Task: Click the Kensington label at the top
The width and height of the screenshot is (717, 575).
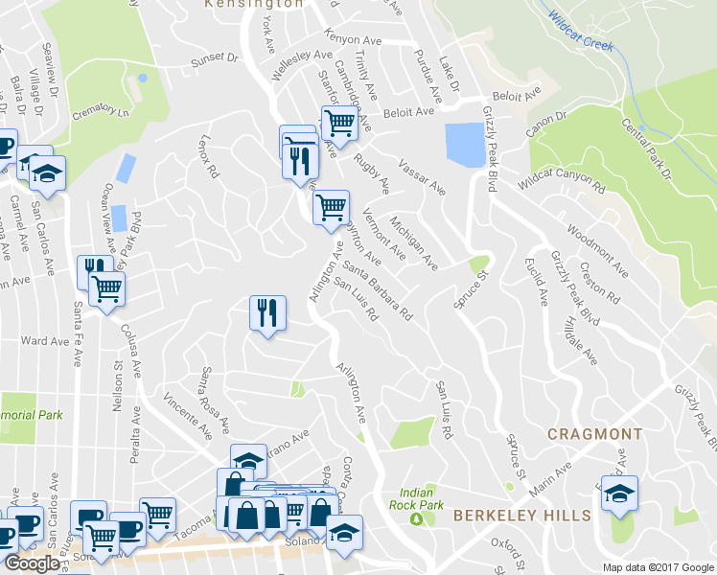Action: pos(254,5)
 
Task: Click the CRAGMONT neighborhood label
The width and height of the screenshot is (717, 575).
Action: pos(594,434)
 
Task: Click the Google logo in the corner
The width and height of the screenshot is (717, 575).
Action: pos(31,563)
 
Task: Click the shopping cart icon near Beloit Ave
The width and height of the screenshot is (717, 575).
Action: pos(338,124)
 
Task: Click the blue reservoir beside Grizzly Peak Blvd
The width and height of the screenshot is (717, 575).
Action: pos(464,145)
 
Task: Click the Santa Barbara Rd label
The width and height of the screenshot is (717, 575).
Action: pos(377,286)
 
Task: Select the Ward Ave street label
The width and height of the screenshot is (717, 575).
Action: pos(45,340)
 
